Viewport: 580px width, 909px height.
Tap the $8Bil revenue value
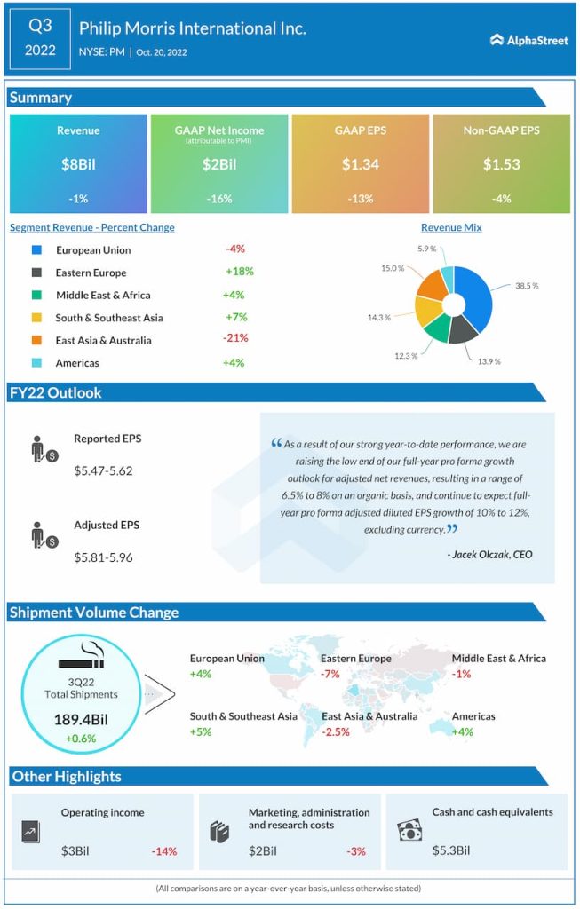pos(78,164)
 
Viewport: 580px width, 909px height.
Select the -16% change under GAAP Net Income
pos(218,199)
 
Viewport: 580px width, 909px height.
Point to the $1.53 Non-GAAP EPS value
pos(501,164)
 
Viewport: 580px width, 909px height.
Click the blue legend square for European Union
pos(36,250)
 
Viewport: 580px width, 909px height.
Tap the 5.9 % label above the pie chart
pos(427,249)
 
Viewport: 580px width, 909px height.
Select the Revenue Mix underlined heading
pos(451,228)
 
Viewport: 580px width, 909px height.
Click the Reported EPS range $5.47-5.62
pos(103,470)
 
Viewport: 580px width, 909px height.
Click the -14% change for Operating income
pos(163,851)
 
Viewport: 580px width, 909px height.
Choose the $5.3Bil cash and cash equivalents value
pos(451,851)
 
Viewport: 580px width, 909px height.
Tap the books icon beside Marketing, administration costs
pos(219,832)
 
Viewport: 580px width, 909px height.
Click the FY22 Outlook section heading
pos(56,392)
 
